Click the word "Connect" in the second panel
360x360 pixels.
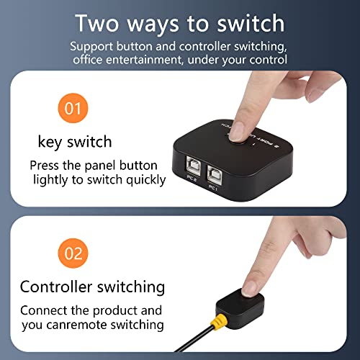[x=45, y=310]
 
